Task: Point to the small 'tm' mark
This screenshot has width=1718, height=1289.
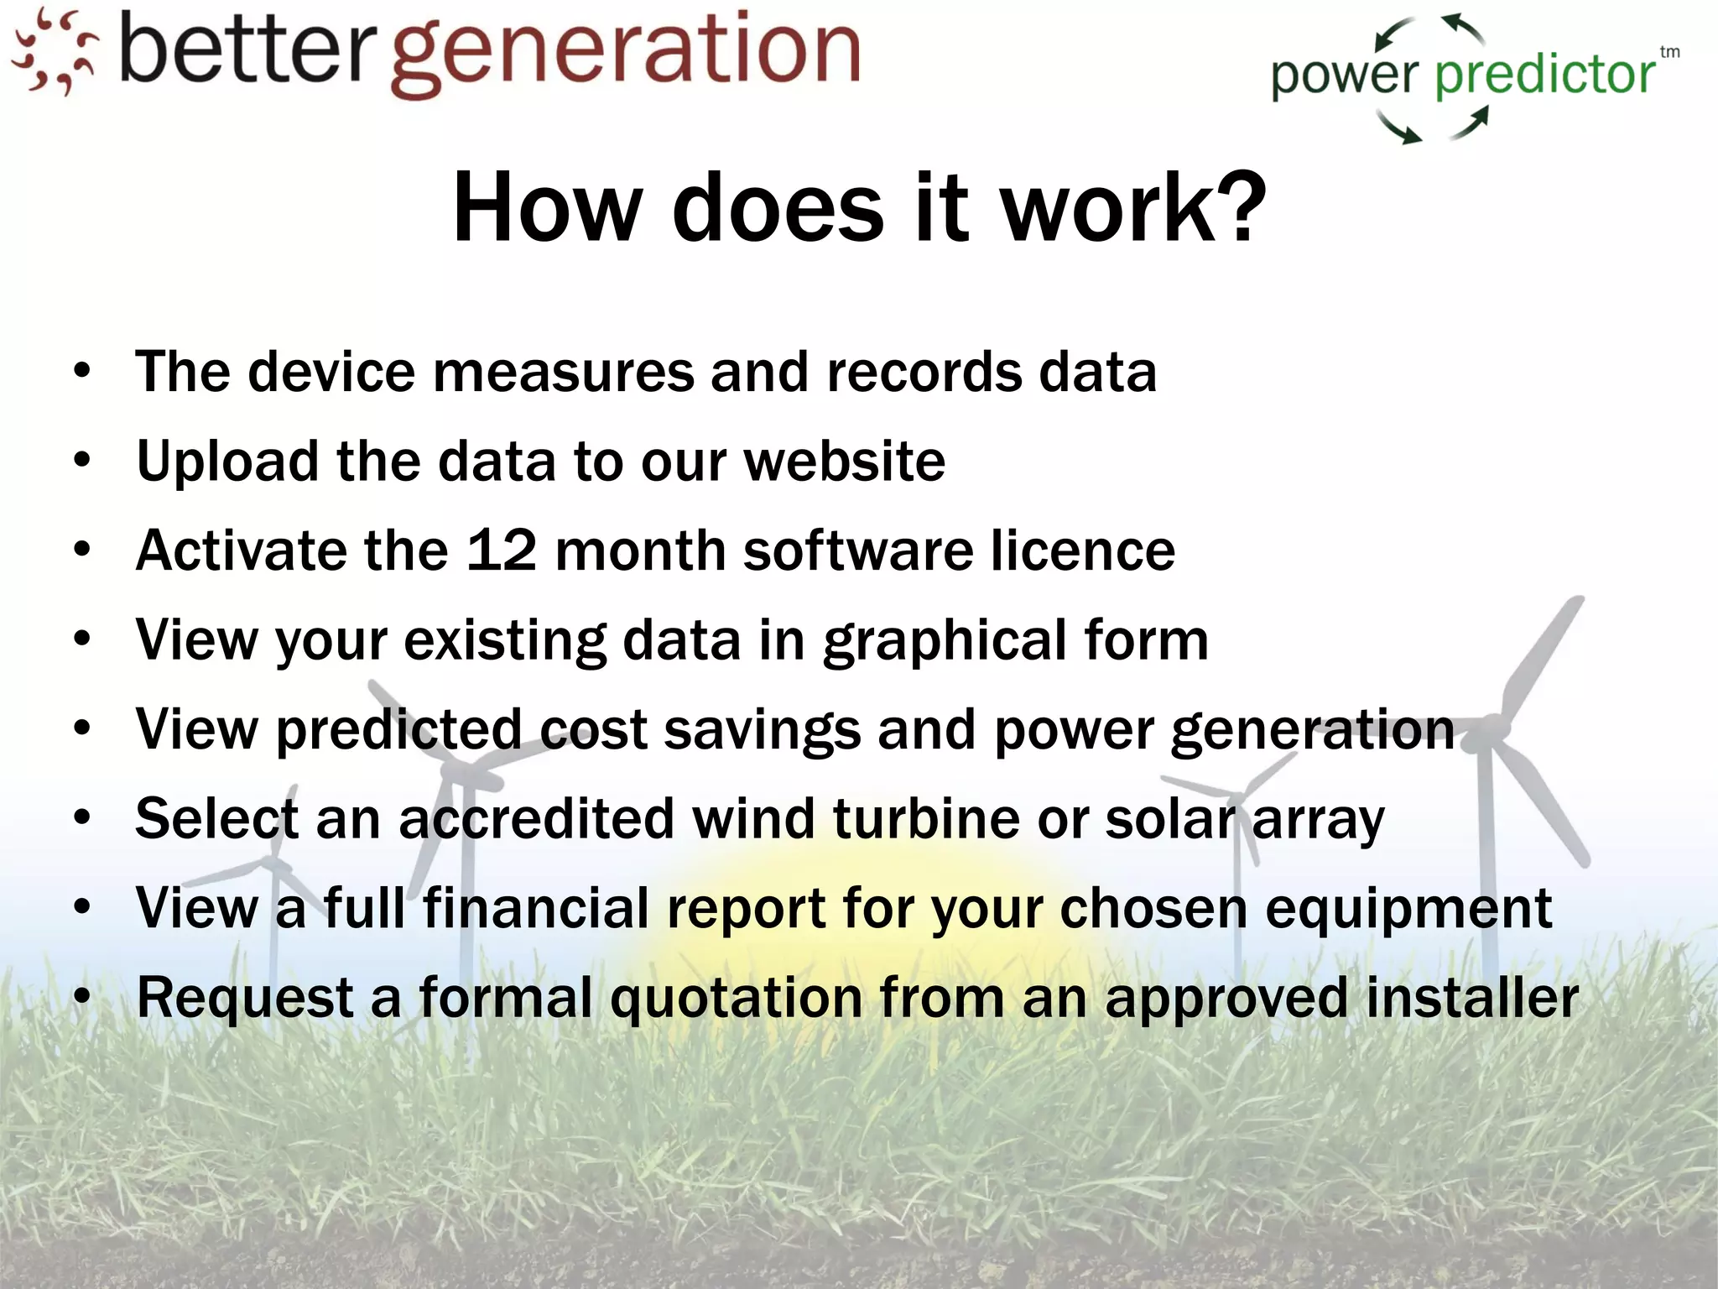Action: pyautogui.click(x=1669, y=52)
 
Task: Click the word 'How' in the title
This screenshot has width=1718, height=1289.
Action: pyautogui.click(x=546, y=206)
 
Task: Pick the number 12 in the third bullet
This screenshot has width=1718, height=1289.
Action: pyautogui.click(x=501, y=551)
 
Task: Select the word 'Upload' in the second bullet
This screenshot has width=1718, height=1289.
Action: pyautogui.click(x=227, y=462)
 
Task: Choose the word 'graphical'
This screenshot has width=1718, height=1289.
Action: pyautogui.click(x=944, y=641)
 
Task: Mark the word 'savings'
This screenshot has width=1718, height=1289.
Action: pyautogui.click(x=762, y=730)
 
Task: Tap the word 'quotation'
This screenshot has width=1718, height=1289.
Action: pyautogui.click(x=735, y=999)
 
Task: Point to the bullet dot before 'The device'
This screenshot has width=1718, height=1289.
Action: pyautogui.click(x=81, y=371)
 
